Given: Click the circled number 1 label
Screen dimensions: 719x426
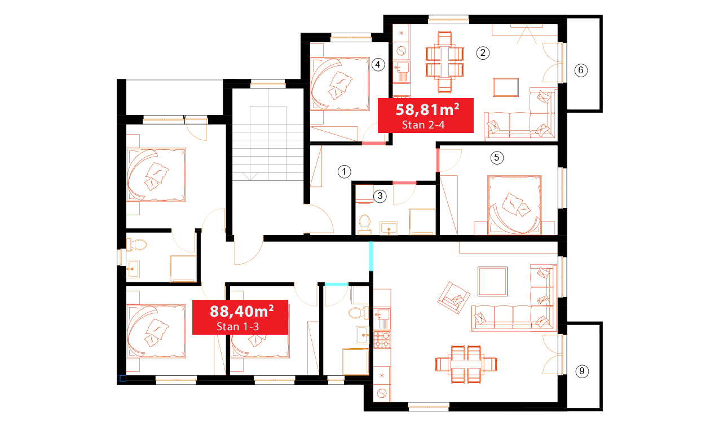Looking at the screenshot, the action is pos(345,172).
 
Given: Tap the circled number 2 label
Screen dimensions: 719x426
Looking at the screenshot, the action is pos(483,53).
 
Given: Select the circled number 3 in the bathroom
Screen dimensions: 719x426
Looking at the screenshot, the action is pos(380,196).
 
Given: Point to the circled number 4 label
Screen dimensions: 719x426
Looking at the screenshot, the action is pos(378,65).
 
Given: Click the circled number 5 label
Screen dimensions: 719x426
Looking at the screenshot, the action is pos(497,158).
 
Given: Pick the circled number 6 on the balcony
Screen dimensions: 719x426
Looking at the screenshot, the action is pos(581,70).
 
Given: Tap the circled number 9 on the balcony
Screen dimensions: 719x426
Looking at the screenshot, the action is pos(582,371).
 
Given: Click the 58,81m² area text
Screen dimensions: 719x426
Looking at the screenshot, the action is pos(427,110).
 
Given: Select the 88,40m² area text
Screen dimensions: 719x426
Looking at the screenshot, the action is pos(242,311).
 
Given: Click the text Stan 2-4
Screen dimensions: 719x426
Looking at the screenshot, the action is pos(424,125).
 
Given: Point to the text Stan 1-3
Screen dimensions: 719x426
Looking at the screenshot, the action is pos(237,327).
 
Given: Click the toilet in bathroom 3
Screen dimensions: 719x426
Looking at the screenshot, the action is pos(365,224).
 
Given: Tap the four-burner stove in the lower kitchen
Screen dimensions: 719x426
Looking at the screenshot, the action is pos(382,340).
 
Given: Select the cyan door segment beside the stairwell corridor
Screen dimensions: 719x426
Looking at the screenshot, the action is pos(371,256).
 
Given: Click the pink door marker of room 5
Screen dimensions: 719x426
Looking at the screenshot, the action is pos(438,160).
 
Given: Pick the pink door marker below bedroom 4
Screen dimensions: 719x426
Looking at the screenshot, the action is pos(374,143).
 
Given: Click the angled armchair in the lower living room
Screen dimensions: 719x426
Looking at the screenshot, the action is pos(453,298).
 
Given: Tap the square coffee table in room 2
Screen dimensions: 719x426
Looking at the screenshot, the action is pos(506,87).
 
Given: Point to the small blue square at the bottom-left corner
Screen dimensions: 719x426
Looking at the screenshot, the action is pos(123,379).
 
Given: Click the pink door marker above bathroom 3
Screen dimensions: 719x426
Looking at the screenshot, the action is pos(404,183).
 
